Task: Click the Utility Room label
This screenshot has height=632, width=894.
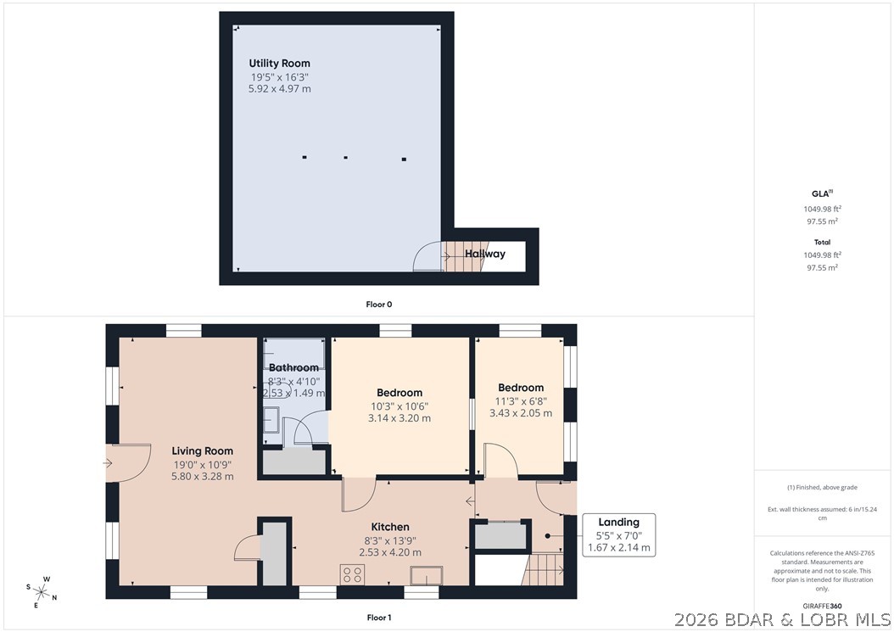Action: (279, 64)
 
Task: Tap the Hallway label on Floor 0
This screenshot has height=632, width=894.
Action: (485, 254)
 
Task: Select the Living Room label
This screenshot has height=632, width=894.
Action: (203, 451)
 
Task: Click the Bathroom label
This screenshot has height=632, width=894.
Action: (293, 368)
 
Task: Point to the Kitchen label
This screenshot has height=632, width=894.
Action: (390, 527)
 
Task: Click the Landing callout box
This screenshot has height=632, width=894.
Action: (618, 535)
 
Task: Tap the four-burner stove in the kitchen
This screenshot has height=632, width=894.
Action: (352, 574)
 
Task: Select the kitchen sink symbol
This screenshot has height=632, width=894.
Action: (427, 575)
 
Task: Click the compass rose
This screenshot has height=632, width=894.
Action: (42, 592)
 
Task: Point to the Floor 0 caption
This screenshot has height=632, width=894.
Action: (379, 305)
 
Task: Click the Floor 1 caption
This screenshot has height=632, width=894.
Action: (379, 618)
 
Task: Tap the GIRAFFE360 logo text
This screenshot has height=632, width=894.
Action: (822, 607)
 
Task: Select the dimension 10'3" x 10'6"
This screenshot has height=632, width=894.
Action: (400, 406)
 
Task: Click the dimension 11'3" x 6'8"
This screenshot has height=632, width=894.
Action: (521, 401)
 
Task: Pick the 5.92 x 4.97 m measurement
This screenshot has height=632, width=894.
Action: (280, 89)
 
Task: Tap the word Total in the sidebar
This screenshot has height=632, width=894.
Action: (822, 243)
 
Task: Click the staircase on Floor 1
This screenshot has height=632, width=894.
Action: (544, 569)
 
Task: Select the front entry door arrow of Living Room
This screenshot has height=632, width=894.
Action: (108, 463)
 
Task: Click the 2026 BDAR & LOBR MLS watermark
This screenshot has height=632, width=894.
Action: (783, 619)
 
